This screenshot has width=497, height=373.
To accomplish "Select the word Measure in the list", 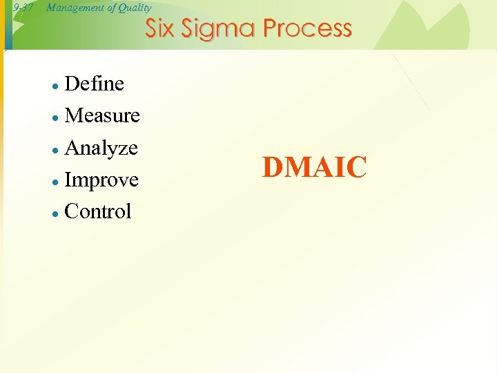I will [x=102, y=116].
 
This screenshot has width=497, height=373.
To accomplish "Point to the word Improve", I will [x=101, y=180].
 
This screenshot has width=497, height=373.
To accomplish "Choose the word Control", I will [x=97, y=211].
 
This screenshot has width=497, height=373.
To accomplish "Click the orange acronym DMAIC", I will [x=315, y=168].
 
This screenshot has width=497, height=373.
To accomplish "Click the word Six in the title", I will [x=160, y=28].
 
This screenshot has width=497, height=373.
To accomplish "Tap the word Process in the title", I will [x=308, y=28].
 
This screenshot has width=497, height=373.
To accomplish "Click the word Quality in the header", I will [x=135, y=8].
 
